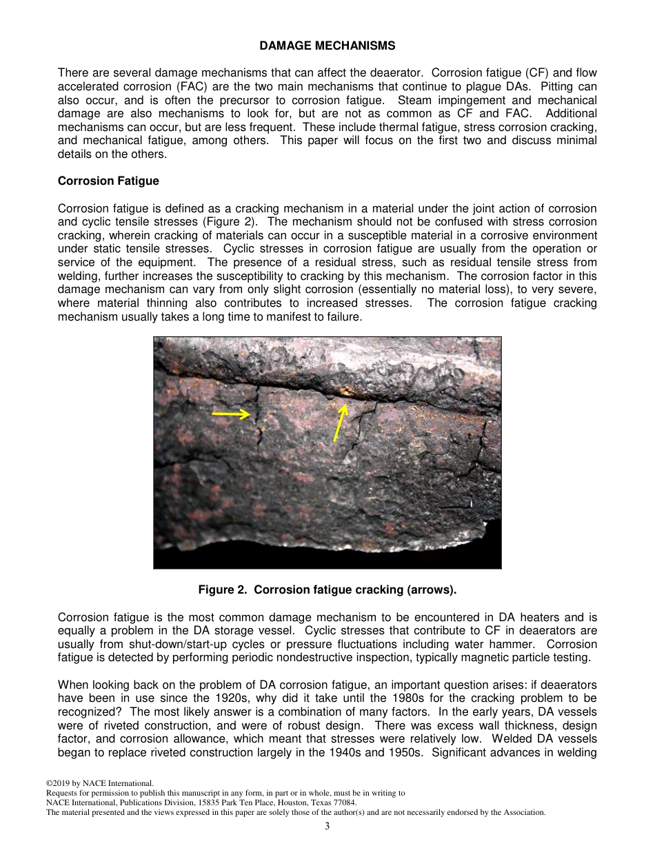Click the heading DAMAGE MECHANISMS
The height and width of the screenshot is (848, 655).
(327, 46)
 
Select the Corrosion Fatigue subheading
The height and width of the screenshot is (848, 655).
(108, 181)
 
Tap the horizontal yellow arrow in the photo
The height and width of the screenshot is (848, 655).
(231, 414)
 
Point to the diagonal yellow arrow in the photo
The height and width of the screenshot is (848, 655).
(340, 422)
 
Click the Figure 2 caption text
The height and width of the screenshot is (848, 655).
(327, 590)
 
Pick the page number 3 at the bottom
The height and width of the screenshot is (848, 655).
(327, 827)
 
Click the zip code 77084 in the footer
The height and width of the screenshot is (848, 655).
(345, 802)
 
